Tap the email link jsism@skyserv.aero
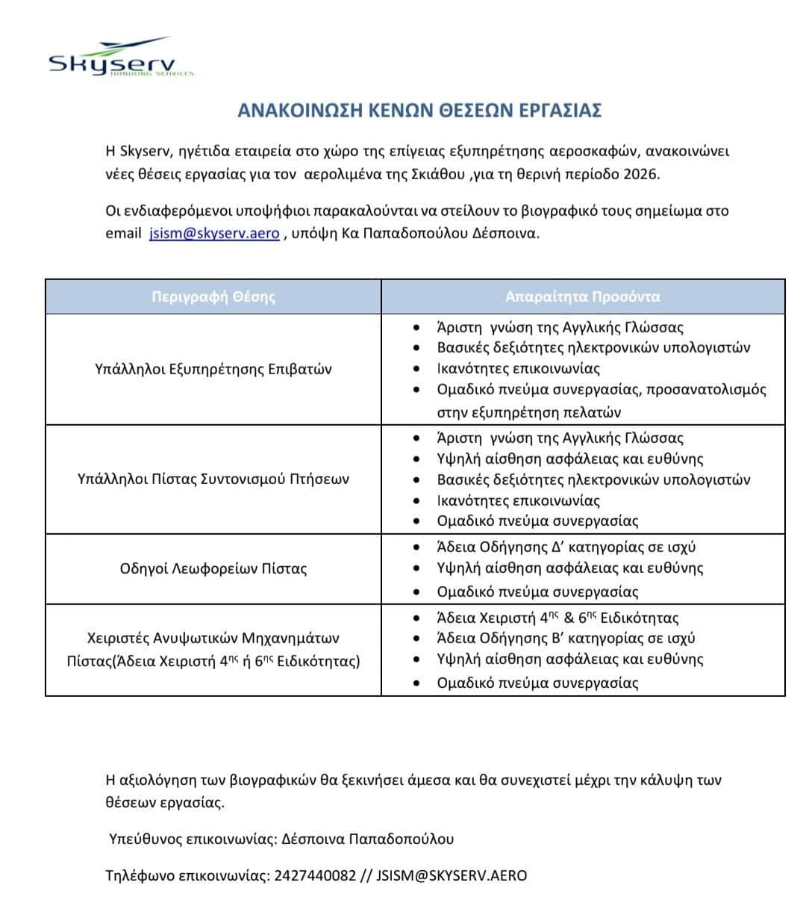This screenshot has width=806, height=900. tap(214, 233)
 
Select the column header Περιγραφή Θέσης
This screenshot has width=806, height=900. tap(213, 297)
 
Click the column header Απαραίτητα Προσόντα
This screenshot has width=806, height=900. tap(582, 297)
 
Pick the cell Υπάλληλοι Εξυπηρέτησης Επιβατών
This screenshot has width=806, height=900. tap(213, 369)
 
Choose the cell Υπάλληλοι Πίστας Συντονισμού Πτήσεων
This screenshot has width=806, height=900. tap(213, 479)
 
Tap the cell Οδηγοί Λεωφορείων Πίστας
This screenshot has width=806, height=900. tap(213, 568)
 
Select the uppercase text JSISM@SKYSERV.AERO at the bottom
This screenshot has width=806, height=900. tap(452, 875)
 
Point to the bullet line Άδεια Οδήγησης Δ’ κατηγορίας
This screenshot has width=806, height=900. tap(566, 547)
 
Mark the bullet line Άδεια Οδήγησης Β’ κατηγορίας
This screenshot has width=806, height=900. tap(566, 639)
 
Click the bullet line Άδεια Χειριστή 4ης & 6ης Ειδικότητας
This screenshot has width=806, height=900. tap(557, 618)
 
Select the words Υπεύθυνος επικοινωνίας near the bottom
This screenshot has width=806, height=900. tap(192, 839)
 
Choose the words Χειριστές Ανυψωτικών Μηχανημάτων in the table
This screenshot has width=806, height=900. tap(213, 639)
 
